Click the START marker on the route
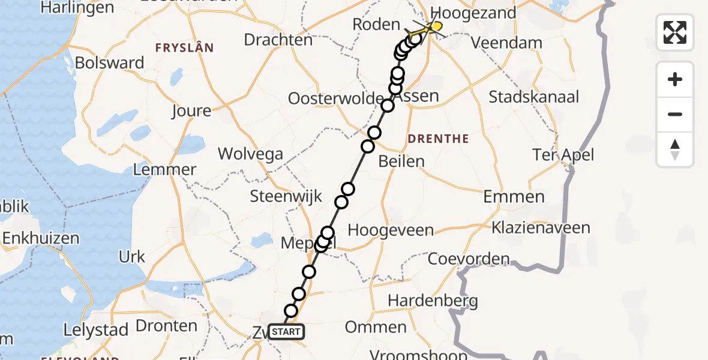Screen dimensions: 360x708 [286, 332]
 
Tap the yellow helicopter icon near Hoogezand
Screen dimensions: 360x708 [433, 27]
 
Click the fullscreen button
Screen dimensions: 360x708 [675, 32]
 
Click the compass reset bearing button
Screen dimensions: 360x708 [675, 149]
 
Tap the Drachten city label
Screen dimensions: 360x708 [278, 40]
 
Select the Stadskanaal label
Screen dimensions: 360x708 [534, 97]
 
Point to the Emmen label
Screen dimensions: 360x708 [514, 196]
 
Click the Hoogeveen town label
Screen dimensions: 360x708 [391, 230]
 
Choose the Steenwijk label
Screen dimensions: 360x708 [286, 196]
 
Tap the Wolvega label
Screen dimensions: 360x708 [250, 154]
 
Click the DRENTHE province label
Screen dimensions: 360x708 [438, 139]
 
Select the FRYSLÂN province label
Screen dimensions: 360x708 [184, 48]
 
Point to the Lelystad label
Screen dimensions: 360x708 [96, 330]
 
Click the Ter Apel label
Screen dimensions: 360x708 [563, 155]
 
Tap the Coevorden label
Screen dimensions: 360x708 [469, 259]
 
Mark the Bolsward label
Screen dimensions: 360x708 [110, 63]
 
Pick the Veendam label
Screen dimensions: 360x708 [506, 43]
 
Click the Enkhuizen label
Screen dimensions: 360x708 [41, 238]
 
